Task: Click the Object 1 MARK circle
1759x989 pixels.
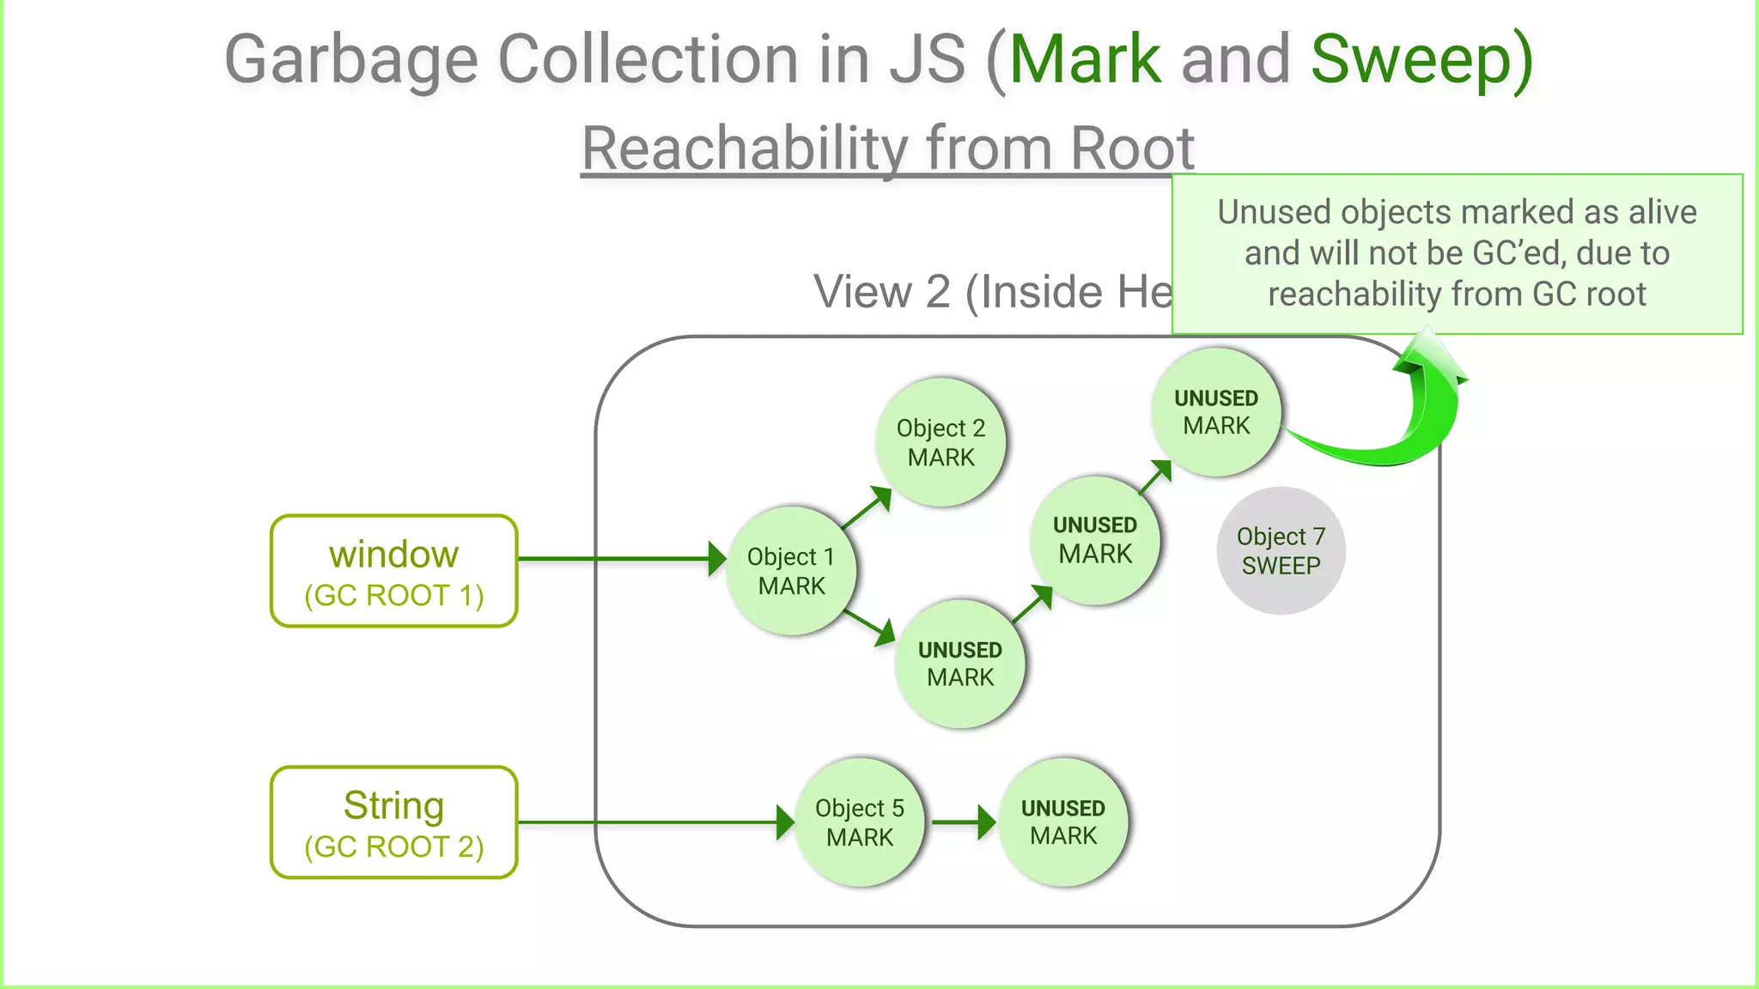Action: point(790,571)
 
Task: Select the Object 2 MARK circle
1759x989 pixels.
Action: point(940,442)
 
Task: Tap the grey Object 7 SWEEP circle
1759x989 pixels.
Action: point(1281,551)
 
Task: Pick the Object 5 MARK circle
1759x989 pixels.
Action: point(859,822)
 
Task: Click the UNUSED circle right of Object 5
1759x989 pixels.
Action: point(1062,822)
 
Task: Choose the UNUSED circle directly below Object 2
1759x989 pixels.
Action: point(959,664)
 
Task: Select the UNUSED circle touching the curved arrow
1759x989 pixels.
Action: point(1215,412)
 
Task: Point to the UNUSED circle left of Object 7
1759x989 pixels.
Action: point(1095,540)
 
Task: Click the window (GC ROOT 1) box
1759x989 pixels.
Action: point(394,572)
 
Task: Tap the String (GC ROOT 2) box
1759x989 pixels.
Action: point(394,822)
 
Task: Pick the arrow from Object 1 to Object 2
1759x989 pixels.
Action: point(866,507)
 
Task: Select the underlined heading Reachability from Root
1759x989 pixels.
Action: point(887,148)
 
